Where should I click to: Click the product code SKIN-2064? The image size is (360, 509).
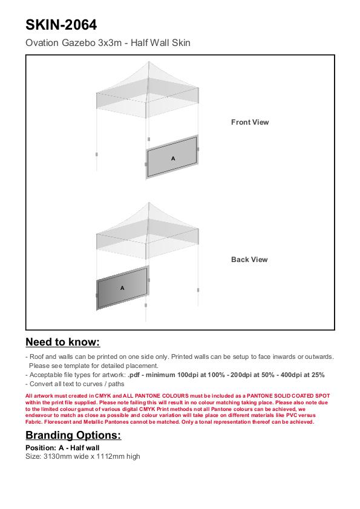coord(61,25)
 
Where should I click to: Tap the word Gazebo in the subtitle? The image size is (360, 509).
coord(79,43)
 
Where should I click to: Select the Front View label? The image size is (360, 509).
coord(250,122)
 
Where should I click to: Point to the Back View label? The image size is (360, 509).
coord(249,260)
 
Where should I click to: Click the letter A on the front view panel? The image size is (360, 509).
coord(173,159)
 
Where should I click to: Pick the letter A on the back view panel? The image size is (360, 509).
coord(122,288)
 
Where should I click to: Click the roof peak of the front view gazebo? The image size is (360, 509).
coord(149,62)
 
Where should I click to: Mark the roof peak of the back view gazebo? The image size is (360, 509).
coord(149,203)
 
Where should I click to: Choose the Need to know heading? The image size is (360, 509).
coord(63,342)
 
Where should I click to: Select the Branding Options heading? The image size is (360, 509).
coord(73,435)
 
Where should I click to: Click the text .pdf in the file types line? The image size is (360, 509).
coord(134,375)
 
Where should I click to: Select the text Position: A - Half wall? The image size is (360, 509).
coord(62,448)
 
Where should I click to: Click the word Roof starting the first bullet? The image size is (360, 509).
coord(37,356)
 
